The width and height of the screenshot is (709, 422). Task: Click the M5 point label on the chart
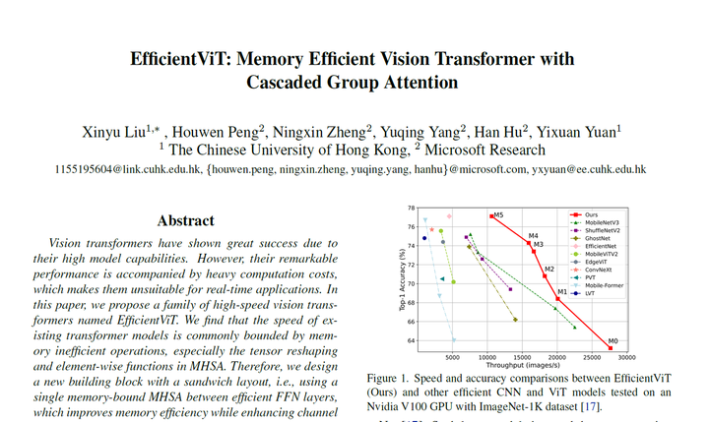coord(499,214)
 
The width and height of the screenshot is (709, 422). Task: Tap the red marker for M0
coord(611,348)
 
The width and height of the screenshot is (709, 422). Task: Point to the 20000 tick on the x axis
coord(557,360)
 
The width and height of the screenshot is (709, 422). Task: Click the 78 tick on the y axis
coord(412,210)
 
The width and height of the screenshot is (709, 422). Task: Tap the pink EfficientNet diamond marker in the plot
coord(449,216)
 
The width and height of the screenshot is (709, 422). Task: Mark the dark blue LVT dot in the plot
coord(424,238)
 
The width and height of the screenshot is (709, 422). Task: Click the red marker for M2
coord(545,275)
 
